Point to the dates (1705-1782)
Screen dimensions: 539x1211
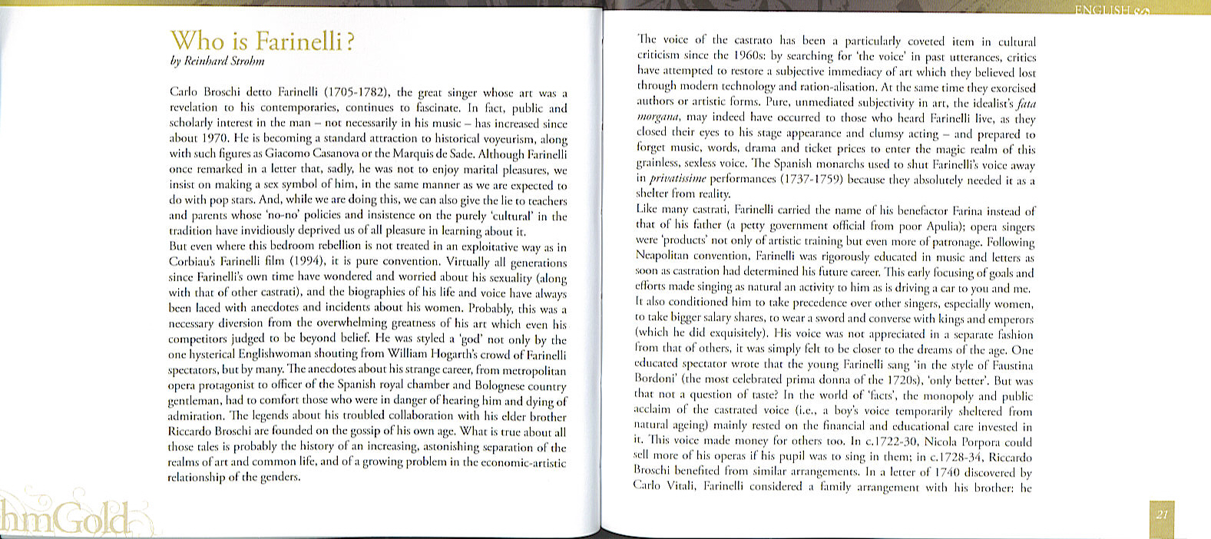pyautogui.click(x=357, y=93)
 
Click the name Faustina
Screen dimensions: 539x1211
pyautogui.click(x=1009, y=365)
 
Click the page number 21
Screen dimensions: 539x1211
pyautogui.click(x=1161, y=514)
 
